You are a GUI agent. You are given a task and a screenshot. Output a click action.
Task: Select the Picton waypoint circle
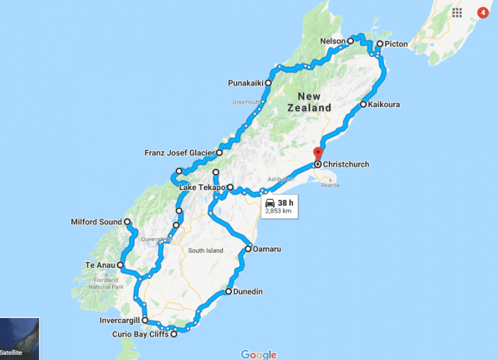(379, 44)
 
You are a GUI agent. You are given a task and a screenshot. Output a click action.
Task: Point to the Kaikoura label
(384, 104)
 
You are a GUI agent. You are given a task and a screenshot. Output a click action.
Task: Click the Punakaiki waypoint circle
(268, 83)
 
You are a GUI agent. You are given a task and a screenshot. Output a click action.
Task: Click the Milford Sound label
(96, 222)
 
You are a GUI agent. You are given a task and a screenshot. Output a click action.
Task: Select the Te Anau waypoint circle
(121, 265)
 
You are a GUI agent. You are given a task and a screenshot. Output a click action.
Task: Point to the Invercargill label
(115, 320)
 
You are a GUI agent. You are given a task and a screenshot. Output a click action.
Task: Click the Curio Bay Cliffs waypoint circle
(174, 335)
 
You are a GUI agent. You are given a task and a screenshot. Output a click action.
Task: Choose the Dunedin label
(248, 292)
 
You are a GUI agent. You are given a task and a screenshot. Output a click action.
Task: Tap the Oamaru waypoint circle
(248, 248)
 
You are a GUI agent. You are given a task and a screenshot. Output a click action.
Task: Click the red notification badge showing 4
(482, 12)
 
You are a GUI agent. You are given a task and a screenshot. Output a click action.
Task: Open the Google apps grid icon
(457, 12)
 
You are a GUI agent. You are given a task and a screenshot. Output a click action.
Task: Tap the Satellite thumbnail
(19, 338)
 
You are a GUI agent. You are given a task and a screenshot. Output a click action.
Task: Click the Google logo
(258, 354)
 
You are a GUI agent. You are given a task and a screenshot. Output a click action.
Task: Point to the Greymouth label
(246, 102)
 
